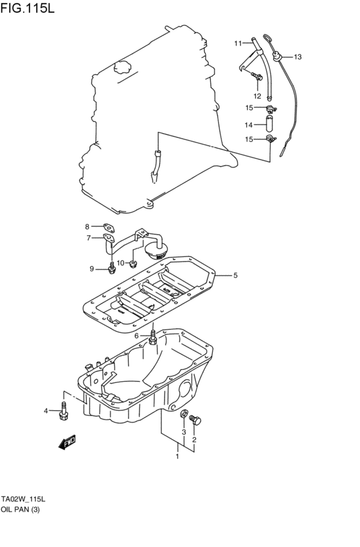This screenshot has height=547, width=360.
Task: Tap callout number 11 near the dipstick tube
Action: (x=238, y=43)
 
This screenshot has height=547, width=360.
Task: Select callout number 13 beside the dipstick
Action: (x=298, y=57)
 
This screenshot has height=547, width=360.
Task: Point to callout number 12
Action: (x=257, y=96)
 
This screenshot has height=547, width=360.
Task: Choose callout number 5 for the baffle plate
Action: (x=235, y=275)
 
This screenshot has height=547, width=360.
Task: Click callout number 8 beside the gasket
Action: (x=87, y=226)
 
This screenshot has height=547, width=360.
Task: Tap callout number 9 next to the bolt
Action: (x=92, y=268)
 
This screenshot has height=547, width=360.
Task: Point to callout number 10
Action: (x=120, y=262)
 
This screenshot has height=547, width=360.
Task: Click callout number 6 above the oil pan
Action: (x=136, y=336)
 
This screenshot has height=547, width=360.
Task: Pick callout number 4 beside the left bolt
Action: (x=46, y=411)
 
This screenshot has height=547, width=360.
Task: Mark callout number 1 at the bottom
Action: (x=177, y=456)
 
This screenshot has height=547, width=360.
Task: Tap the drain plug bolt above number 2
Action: (x=196, y=420)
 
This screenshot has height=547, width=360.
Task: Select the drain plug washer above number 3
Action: (x=184, y=415)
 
